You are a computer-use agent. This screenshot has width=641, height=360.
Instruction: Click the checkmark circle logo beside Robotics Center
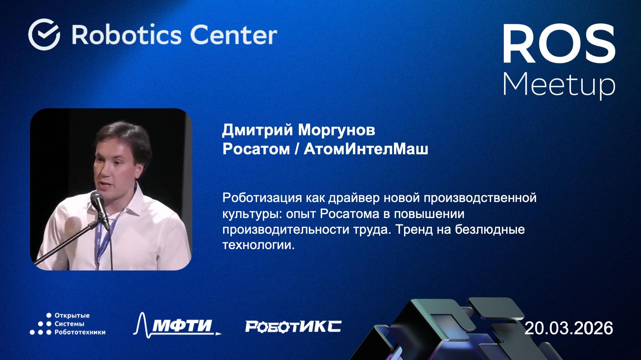pyautogui.click(x=44, y=34)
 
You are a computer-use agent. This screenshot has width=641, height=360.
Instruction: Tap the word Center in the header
pyautogui.click(x=233, y=35)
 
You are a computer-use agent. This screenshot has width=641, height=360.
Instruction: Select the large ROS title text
pyautogui.click(x=559, y=44)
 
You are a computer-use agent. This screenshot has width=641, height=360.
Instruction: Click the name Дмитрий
pyautogui.click(x=257, y=130)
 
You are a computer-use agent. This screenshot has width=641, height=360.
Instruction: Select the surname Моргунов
pyautogui.click(x=336, y=130)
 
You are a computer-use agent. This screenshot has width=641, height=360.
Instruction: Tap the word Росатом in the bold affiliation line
pyautogui.click(x=256, y=149)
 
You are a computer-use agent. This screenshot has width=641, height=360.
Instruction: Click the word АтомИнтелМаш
pyautogui.click(x=366, y=149)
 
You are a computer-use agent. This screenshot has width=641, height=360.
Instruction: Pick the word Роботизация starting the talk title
pyautogui.click(x=262, y=198)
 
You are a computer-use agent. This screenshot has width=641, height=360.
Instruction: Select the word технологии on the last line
pyautogui.click(x=258, y=245)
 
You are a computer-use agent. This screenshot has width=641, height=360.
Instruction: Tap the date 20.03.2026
pyautogui.click(x=569, y=328)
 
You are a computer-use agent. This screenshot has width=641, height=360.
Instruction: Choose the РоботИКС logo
pyautogui.click(x=293, y=326)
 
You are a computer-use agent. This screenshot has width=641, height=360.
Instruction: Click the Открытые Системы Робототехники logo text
pyautogui.click(x=79, y=324)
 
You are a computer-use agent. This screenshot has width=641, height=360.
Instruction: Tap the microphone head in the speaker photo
pyautogui.click(x=98, y=200)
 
